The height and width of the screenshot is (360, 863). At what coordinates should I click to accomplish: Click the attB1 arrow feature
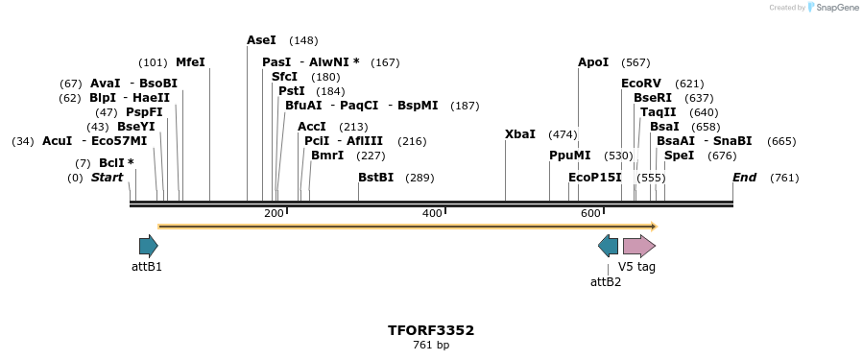[148, 246]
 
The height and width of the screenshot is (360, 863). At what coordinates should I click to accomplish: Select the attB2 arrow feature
[608, 246]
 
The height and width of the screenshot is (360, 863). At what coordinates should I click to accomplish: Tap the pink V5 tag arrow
[638, 246]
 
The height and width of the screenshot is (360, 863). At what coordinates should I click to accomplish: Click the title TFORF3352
[431, 330]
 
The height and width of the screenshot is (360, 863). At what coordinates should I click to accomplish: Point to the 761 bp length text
[431, 346]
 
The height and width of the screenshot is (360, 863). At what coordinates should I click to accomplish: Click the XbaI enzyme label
[520, 134]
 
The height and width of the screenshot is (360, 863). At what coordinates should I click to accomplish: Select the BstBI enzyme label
[375, 178]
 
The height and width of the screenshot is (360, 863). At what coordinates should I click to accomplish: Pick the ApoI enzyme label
[593, 62]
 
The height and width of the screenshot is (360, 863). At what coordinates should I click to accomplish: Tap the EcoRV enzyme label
[641, 84]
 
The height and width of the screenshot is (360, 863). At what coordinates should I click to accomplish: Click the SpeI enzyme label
[679, 156]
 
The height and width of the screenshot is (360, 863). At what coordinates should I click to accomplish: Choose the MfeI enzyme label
[190, 62]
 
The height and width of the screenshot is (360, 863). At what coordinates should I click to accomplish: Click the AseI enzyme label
[261, 40]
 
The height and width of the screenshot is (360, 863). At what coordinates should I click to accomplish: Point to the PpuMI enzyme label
[570, 156]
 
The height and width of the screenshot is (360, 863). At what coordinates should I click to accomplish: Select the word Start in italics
[107, 178]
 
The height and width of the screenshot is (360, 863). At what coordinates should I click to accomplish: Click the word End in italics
[744, 178]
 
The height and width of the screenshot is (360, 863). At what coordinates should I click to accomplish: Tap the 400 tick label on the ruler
[432, 213]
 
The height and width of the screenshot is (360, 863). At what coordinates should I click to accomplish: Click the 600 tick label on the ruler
[590, 213]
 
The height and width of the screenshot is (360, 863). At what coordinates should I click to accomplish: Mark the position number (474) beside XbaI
[563, 134]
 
